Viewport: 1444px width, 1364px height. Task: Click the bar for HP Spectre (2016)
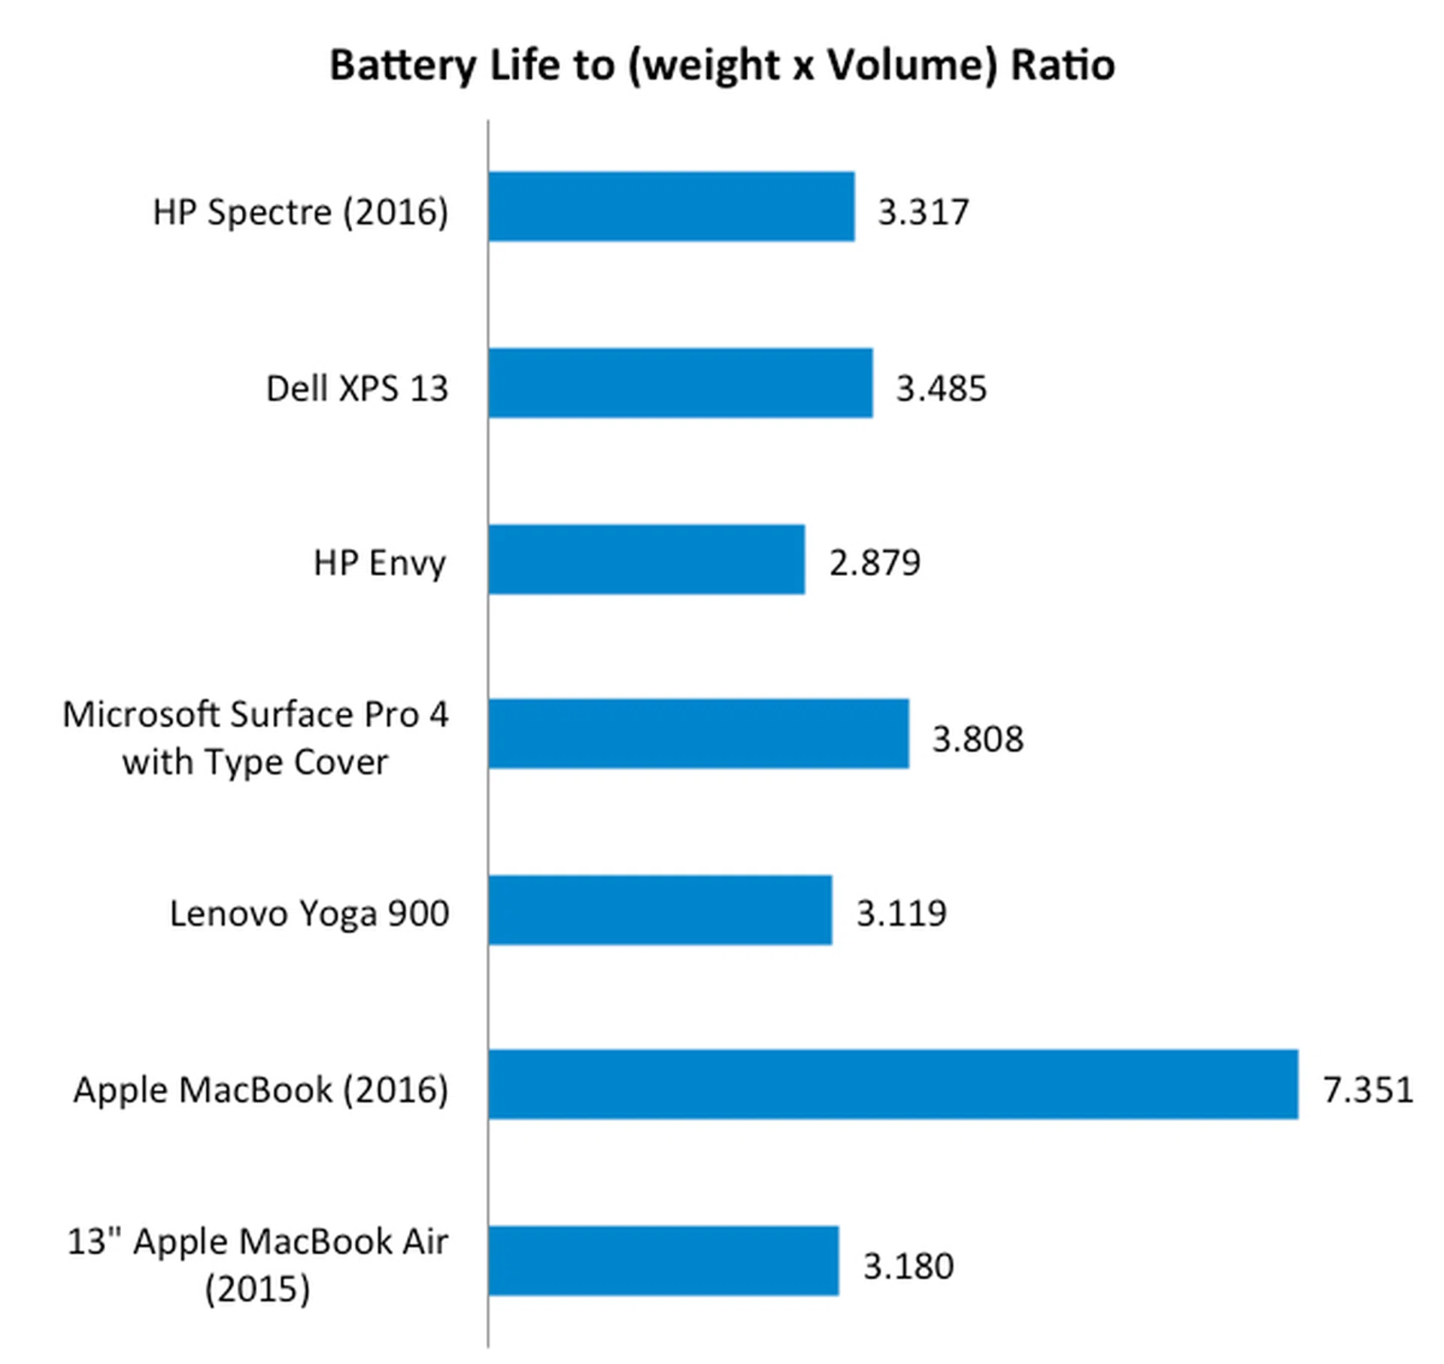click(671, 207)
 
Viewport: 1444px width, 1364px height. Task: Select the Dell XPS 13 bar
click(680, 383)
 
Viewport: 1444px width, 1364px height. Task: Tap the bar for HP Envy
click(646, 559)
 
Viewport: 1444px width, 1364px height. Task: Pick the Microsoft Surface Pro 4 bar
click(698, 734)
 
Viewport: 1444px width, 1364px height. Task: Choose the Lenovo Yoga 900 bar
click(660, 910)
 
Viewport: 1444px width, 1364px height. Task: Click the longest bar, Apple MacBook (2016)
click(893, 1084)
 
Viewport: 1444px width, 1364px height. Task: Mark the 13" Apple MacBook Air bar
click(663, 1261)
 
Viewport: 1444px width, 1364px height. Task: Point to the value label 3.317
click(923, 212)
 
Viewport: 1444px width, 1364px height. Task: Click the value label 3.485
click(941, 389)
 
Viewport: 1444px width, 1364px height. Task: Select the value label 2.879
click(874, 563)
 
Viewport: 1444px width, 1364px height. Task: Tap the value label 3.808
click(977, 739)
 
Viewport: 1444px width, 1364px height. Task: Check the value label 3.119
click(901, 914)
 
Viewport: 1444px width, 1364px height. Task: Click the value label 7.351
click(1367, 1090)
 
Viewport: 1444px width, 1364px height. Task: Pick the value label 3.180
click(908, 1266)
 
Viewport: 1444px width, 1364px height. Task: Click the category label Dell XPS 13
click(356, 389)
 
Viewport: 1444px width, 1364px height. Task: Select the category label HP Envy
click(379, 563)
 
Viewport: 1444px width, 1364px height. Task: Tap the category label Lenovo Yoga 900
click(309, 914)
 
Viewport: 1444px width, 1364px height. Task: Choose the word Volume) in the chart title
click(912, 65)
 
